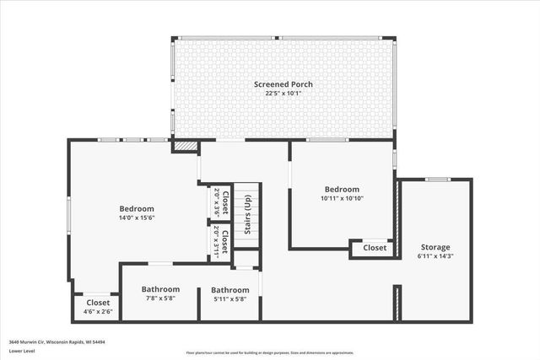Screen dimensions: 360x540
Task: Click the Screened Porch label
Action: (284, 83)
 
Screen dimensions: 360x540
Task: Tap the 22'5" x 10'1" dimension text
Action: (284, 93)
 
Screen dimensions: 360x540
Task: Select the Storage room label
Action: (435, 247)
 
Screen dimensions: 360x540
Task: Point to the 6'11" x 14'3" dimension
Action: (435, 255)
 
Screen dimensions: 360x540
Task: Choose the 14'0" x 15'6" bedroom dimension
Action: (137, 218)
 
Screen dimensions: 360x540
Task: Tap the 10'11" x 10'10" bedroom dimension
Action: (342, 198)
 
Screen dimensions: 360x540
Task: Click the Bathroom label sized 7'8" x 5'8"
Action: (160, 289)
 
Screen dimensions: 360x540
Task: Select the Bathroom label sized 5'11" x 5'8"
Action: (229, 291)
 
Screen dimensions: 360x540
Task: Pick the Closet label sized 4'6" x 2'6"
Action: (98, 303)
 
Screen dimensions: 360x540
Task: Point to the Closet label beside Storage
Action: (375, 248)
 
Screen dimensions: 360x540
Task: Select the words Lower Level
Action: (21, 351)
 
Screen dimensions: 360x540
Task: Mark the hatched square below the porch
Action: (185, 146)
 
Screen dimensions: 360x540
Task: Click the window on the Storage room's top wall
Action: (436, 179)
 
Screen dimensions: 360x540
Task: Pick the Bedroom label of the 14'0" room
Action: (137, 208)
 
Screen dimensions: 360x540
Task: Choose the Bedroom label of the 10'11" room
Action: (342, 190)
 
